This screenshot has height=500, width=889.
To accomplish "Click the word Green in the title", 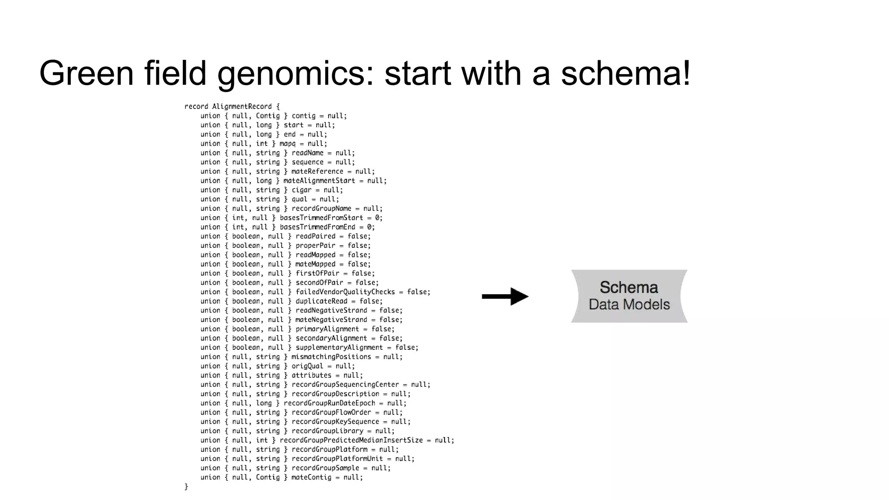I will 86,73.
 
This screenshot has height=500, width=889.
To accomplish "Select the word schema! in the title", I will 626,73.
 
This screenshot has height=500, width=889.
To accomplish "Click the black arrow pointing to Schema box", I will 505,296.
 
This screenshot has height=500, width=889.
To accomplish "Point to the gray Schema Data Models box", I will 629,296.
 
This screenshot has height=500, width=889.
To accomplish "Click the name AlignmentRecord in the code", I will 242,106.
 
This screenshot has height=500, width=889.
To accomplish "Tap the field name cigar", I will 301,190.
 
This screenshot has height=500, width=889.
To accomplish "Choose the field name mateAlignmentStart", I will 319,181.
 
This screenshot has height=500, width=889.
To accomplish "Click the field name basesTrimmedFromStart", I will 321,218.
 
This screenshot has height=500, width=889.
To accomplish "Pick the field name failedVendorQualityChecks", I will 345,292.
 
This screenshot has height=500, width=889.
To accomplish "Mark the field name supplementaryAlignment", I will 339,348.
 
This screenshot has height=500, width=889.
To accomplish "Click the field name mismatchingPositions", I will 331,357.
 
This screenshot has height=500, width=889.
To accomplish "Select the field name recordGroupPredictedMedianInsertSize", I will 351,440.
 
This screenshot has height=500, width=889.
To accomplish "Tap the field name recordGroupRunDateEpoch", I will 329,403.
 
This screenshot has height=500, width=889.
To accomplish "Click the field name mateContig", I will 311,477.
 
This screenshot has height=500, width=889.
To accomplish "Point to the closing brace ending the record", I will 186,487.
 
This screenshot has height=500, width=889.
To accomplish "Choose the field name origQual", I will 307,366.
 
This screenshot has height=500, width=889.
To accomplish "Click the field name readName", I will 307,153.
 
